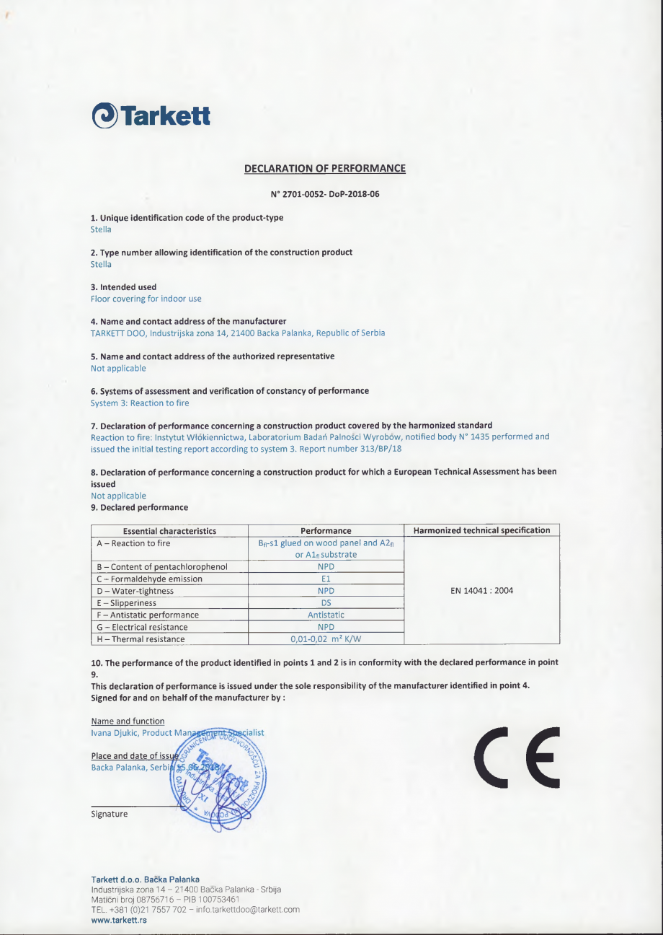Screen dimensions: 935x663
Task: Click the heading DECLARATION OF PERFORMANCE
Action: [325, 169]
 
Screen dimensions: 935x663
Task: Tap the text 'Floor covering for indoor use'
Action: [146, 299]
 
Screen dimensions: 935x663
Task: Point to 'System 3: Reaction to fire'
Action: [140, 403]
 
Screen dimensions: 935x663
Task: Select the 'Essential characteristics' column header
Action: [169, 531]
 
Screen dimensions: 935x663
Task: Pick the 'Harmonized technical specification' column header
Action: [481, 531]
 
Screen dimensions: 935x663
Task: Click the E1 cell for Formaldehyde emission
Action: [326, 579]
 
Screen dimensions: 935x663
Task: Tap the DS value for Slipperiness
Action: [326, 602]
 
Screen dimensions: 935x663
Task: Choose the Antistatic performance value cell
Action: [326, 615]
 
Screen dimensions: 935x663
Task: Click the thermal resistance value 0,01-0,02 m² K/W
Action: [326, 638]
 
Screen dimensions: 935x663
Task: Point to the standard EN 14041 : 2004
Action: [481, 590]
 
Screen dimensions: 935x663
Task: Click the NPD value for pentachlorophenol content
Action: [326, 566]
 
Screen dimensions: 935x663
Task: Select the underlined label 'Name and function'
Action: [128, 721]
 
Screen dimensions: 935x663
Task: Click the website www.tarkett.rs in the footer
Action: [119, 920]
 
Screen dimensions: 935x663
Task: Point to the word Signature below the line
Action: [110, 814]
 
